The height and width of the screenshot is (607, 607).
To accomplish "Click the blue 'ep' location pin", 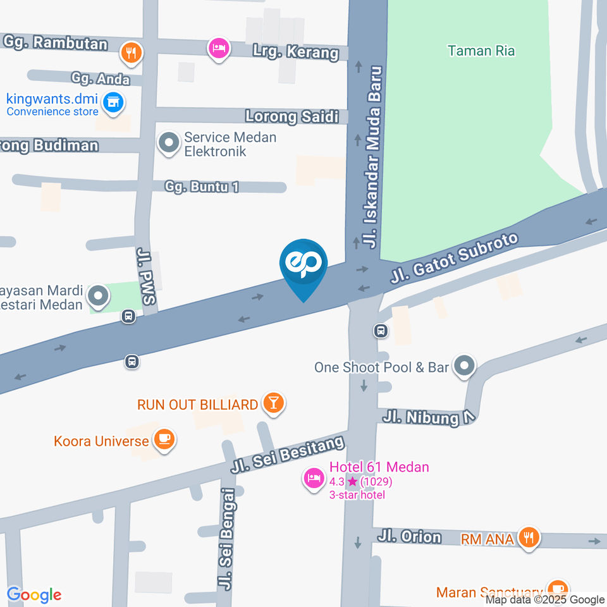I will (303, 264).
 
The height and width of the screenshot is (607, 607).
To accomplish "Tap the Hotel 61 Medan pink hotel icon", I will (313, 479).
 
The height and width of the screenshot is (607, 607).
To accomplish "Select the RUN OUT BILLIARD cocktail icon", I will (274, 403).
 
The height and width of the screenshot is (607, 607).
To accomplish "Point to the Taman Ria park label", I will (481, 51).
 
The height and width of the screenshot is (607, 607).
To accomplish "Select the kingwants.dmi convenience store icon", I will (113, 102).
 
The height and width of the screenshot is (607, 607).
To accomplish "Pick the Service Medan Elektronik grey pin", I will (169, 143).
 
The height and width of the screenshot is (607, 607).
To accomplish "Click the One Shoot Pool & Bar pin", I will (465, 366).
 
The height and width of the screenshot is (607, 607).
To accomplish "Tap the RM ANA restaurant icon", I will (527, 538).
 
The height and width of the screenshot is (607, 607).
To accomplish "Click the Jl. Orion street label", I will (409, 537).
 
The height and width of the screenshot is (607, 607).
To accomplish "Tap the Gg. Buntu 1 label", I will (202, 187).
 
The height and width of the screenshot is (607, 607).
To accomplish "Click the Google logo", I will (34, 595).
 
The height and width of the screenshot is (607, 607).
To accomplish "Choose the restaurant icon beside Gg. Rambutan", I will (131, 52).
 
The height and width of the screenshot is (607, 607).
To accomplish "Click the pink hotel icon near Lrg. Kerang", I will (218, 48).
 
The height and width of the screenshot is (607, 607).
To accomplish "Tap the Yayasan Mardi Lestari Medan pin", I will (98, 295).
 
